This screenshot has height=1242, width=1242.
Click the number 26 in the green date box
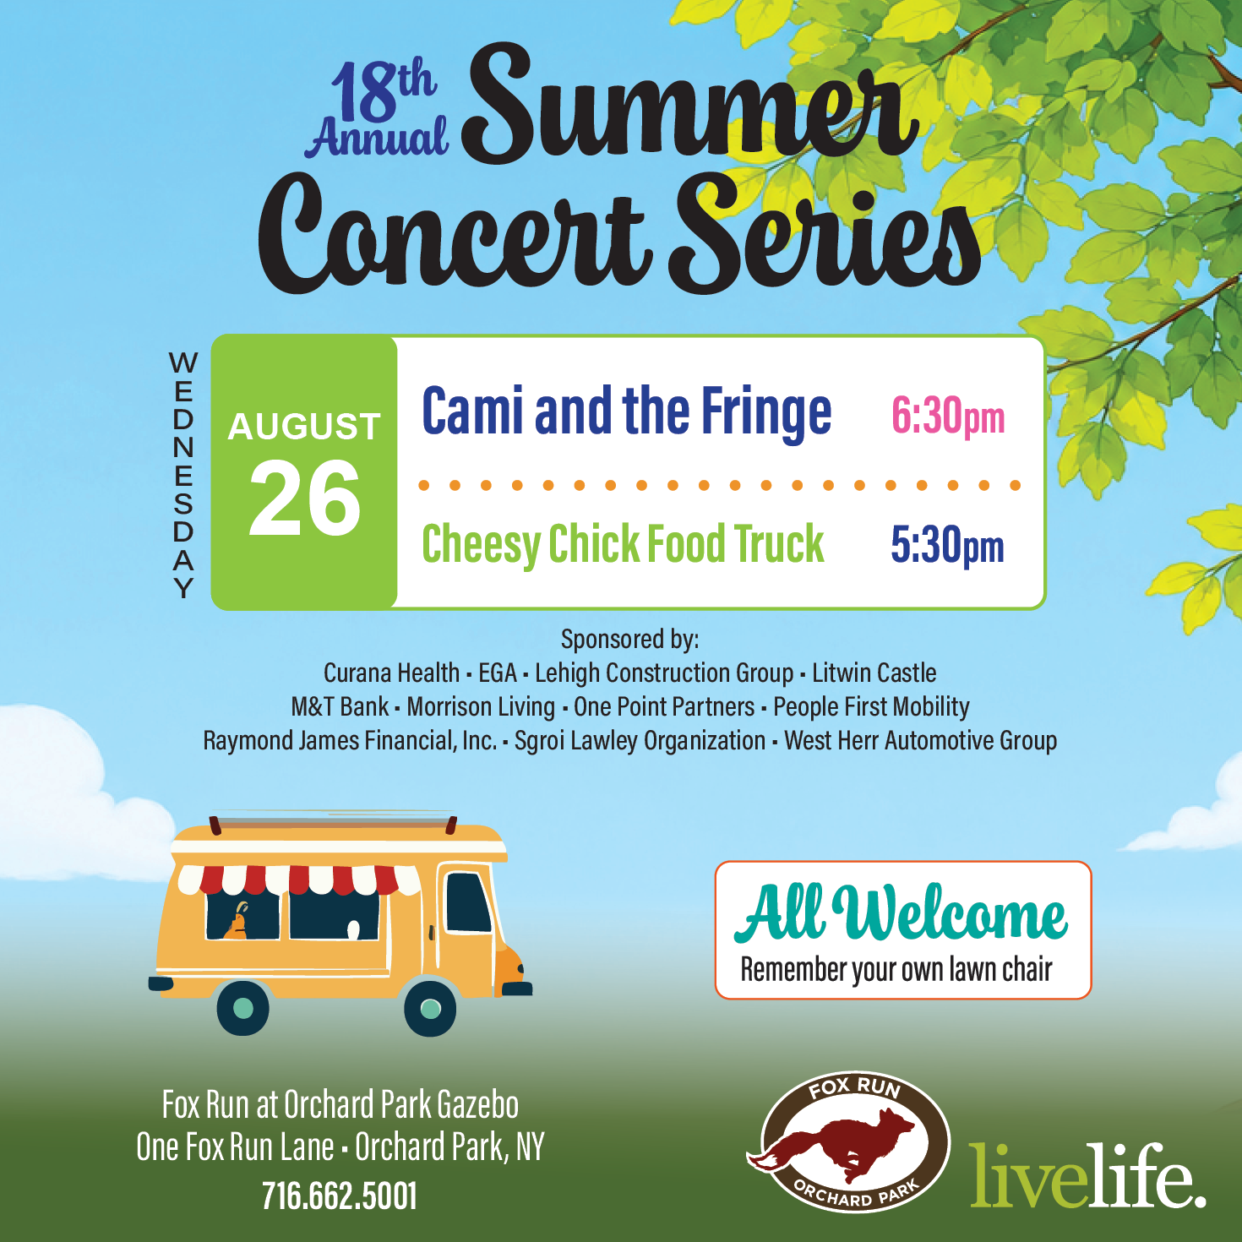pyautogui.click(x=304, y=498)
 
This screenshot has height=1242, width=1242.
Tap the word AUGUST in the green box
pyautogui.click(x=303, y=427)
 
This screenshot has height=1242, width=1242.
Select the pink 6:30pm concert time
pyautogui.click(x=947, y=417)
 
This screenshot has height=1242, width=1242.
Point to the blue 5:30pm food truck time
pyautogui.click(x=947, y=545)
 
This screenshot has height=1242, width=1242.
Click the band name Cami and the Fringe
pyautogui.click(x=626, y=412)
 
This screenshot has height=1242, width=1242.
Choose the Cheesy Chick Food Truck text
pyautogui.click(x=623, y=545)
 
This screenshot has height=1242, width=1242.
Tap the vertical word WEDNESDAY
pyautogui.click(x=183, y=476)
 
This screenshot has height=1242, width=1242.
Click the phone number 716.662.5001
pyautogui.click(x=340, y=1196)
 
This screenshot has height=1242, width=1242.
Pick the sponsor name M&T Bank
pyautogui.click(x=340, y=707)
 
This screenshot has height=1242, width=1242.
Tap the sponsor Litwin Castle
pyautogui.click(x=874, y=673)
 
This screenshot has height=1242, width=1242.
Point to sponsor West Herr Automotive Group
pyautogui.click(x=920, y=741)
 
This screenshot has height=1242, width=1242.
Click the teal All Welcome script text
pyautogui.click(x=901, y=913)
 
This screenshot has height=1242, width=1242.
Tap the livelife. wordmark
pyautogui.click(x=1088, y=1177)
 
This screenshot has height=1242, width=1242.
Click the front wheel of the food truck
pyautogui.click(x=430, y=1008)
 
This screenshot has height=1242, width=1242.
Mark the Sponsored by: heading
pyautogui.click(x=629, y=640)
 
